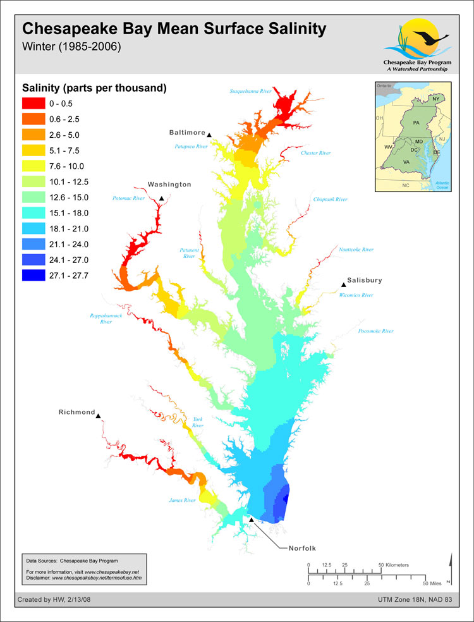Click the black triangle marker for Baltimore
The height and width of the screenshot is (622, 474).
point(209,133)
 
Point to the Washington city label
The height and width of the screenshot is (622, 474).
point(169,185)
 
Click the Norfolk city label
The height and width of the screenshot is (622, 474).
point(298,547)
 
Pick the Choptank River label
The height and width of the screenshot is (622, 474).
point(331,199)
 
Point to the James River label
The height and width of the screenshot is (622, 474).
point(182,500)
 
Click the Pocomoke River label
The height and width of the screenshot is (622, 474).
point(375,331)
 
